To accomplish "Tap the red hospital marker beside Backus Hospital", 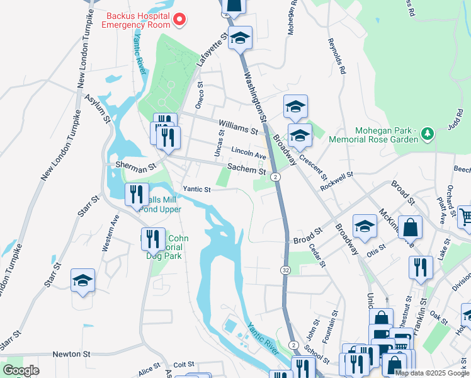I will [x=179, y=20].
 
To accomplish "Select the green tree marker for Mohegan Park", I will [x=428, y=134].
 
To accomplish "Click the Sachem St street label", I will [x=246, y=169].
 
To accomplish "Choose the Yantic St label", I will [x=196, y=188].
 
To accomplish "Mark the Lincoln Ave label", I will [x=249, y=153].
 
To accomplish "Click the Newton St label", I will [x=72, y=355].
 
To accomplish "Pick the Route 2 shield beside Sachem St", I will [x=276, y=178].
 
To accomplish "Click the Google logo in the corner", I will [x=21, y=370].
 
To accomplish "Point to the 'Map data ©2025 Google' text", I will [x=432, y=373].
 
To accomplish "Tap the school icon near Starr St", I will [x=82, y=281].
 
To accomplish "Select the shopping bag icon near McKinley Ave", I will [x=410, y=228].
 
